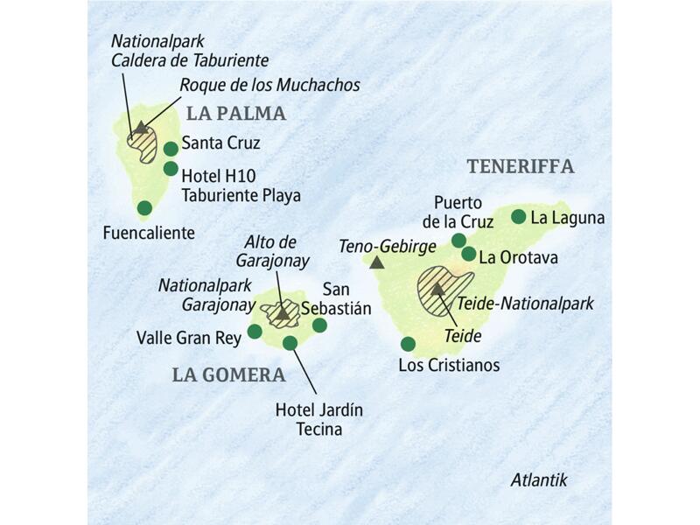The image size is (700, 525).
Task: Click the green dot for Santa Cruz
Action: coord(171,149)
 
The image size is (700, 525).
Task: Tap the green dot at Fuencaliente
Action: coord(144,208)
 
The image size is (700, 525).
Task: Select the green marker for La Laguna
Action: coord(518,216)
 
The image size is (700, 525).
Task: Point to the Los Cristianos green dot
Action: coord(408,343)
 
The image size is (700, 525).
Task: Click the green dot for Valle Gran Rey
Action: coord(255,332)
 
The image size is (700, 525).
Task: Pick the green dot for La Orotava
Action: coord(469,255)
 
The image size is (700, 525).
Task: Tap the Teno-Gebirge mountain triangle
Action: coord(377,262)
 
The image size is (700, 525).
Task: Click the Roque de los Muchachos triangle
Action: coord(140,129)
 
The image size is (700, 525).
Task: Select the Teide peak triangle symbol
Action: coord(437,289)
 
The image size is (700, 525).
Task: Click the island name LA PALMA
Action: coord(236,113)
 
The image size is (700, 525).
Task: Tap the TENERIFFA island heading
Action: coord(520,166)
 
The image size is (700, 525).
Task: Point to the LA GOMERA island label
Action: coord(228,375)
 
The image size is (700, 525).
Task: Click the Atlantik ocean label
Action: coord(539,479)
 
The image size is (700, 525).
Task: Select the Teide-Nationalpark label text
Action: coord(525,304)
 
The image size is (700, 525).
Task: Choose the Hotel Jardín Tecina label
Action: coord(319,419)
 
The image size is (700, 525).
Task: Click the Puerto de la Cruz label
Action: coord(464,212)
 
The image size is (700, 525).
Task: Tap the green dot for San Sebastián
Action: coord(319,325)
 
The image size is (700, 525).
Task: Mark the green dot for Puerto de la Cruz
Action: coord(458,240)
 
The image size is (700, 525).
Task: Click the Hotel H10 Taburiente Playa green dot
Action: coord(171,169)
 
